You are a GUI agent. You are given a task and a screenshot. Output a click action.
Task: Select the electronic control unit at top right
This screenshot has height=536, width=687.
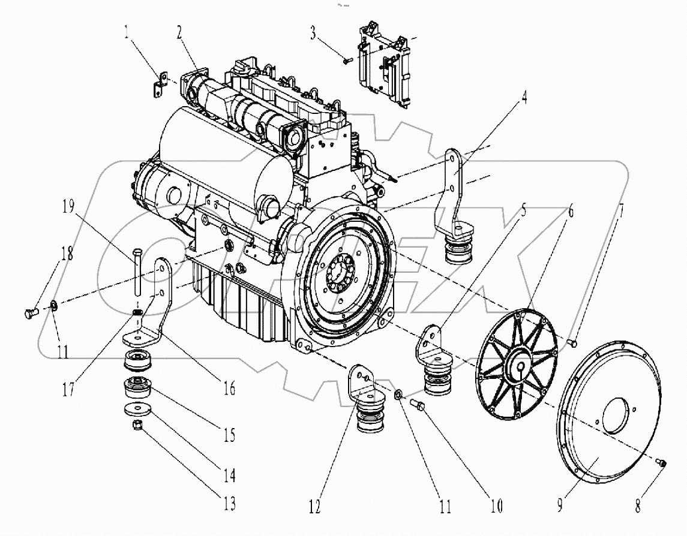(384, 63)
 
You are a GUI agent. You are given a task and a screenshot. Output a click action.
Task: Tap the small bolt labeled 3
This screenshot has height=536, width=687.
(347, 59)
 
